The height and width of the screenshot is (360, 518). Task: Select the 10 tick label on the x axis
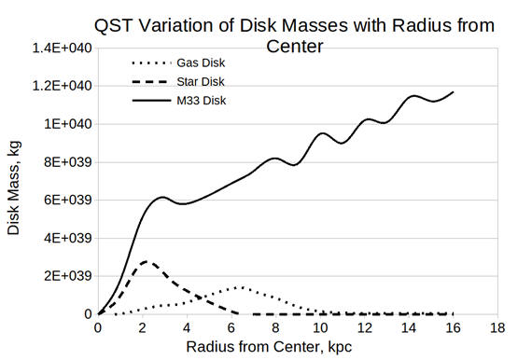(x=320, y=327)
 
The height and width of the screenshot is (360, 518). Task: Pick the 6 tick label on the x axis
(x=231, y=327)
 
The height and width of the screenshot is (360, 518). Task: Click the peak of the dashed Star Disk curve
(x=146, y=261)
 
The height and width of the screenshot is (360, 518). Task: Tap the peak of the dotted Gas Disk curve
(x=241, y=287)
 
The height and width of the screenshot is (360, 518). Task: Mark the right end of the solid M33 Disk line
(x=454, y=92)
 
